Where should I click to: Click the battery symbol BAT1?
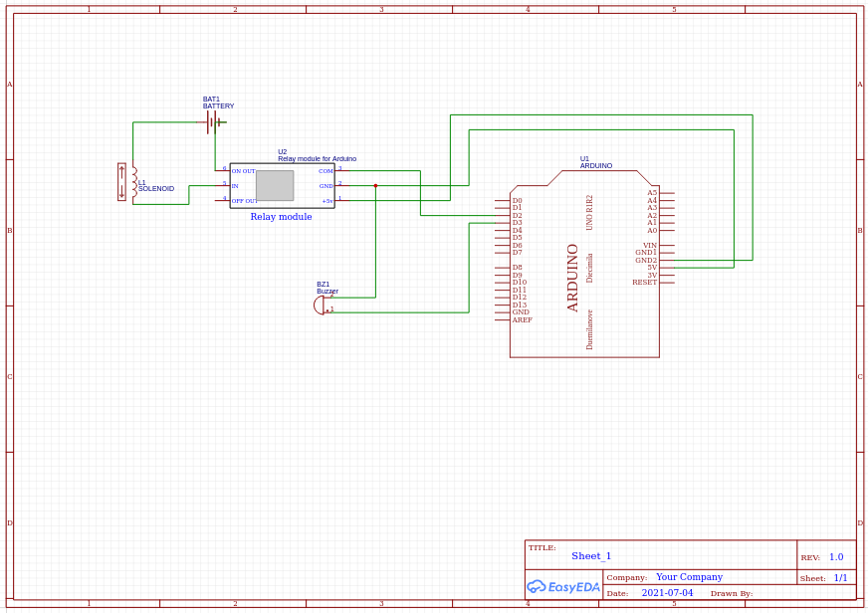[x=214, y=122]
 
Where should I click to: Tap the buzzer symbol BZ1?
[x=320, y=305]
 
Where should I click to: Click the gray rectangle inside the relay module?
[x=275, y=185]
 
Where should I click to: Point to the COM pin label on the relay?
[x=325, y=171]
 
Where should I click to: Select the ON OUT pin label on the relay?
[x=244, y=171]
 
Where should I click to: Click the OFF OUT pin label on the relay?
[x=245, y=201]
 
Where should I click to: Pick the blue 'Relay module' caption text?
[x=281, y=217]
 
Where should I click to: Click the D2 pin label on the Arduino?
[x=517, y=216]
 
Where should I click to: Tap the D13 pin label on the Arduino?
[x=519, y=305]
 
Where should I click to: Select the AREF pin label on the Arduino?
[x=522, y=319]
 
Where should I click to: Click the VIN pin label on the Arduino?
[x=649, y=245]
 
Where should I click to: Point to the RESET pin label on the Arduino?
[x=644, y=283]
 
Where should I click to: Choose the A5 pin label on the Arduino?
[x=652, y=193]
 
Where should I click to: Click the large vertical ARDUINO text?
[x=573, y=278]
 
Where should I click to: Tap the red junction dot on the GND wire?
[x=375, y=185]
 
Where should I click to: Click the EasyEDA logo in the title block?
[x=563, y=587]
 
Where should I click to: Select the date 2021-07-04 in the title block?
[x=667, y=593]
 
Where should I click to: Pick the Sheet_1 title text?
[x=591, y=556]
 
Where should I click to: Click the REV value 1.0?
[x=836, y=557]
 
